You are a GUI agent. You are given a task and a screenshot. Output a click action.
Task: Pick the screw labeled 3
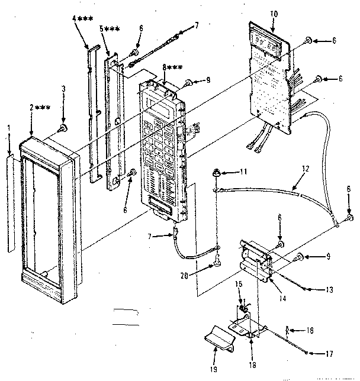coord(62,128)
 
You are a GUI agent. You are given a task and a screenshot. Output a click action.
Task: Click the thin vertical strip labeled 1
coord(9,201)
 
